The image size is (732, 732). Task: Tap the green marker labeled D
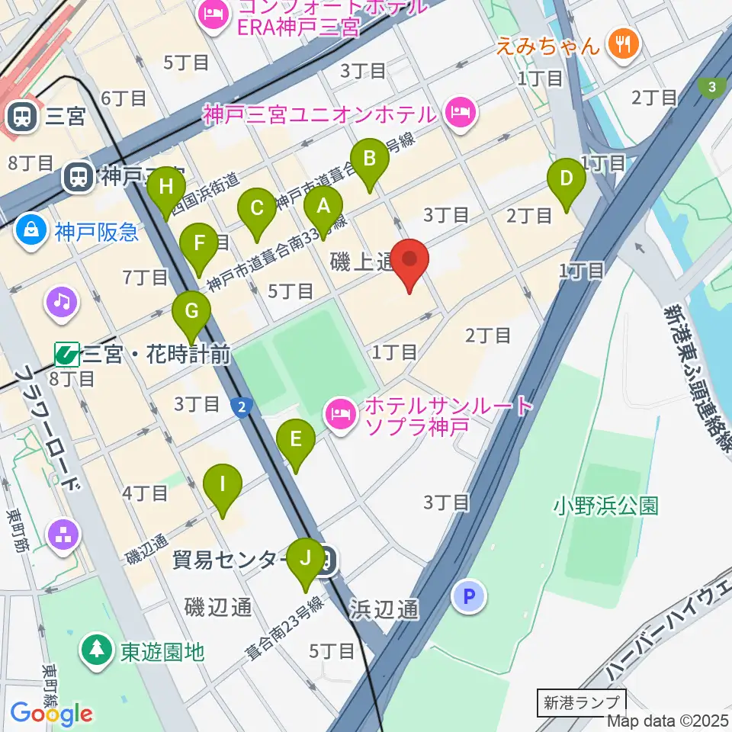(567, 180)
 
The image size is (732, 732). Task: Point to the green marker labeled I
(223, 486)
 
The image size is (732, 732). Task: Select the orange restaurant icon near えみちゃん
(624, 44)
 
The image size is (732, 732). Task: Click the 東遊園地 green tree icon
(97, 652)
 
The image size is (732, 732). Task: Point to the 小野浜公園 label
(605, 506)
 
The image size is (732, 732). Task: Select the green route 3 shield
(712, 86)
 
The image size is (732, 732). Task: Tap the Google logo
(51, 714)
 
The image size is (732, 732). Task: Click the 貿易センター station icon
(326, 563)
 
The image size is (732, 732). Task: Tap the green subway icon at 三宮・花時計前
(66, 355)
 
